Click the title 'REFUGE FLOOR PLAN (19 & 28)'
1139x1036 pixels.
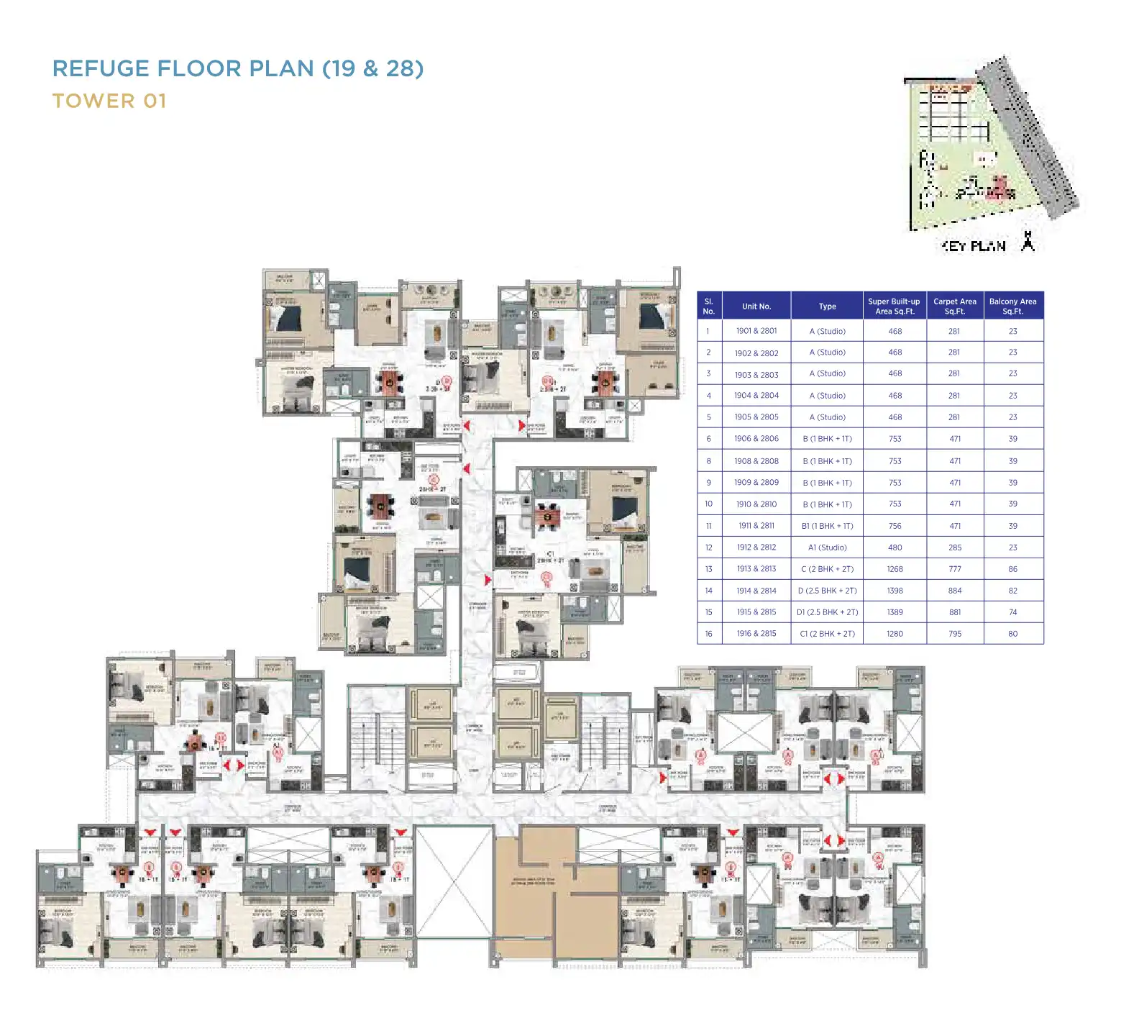click(238, 68)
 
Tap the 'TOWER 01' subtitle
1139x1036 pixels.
click(109, 101)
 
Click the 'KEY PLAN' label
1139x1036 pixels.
click(974, 246)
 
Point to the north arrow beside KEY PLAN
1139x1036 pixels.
click(1028, 242)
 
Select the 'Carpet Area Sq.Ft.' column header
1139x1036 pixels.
click(954, 306)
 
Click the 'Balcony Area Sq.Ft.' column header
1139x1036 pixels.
click(1012, 306)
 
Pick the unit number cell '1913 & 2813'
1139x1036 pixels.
click(756, 569)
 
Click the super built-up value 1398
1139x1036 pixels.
click(895, 591)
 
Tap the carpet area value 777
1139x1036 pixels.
click(954, 569)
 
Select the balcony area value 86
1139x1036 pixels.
click(1012, 569)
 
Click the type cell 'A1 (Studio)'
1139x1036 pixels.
click(827, 547)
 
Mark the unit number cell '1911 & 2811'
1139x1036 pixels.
click(756, 526)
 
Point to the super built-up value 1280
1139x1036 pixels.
click(895, 634)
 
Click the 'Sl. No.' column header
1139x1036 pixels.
click(709, 306)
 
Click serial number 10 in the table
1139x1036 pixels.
click(709, 504)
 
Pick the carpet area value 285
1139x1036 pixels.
click(954, 547)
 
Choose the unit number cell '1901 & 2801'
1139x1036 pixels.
click(756, 331)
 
